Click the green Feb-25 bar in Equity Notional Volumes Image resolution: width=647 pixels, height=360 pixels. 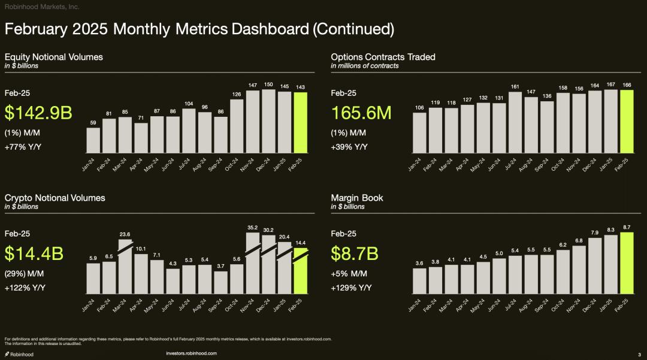301,122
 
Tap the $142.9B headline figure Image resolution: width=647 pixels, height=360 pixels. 38,113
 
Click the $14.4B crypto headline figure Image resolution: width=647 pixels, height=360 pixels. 34,253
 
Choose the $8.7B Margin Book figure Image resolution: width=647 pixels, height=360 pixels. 355,253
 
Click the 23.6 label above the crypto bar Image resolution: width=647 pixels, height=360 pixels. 125,234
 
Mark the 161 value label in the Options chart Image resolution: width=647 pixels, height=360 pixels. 515,87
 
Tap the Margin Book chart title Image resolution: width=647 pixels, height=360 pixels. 357,198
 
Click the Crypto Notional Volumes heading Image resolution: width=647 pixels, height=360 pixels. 55,198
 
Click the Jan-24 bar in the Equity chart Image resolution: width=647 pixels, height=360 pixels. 93,140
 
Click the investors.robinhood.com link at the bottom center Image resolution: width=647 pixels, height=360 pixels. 191,353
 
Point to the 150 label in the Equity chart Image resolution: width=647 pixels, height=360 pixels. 269,84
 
